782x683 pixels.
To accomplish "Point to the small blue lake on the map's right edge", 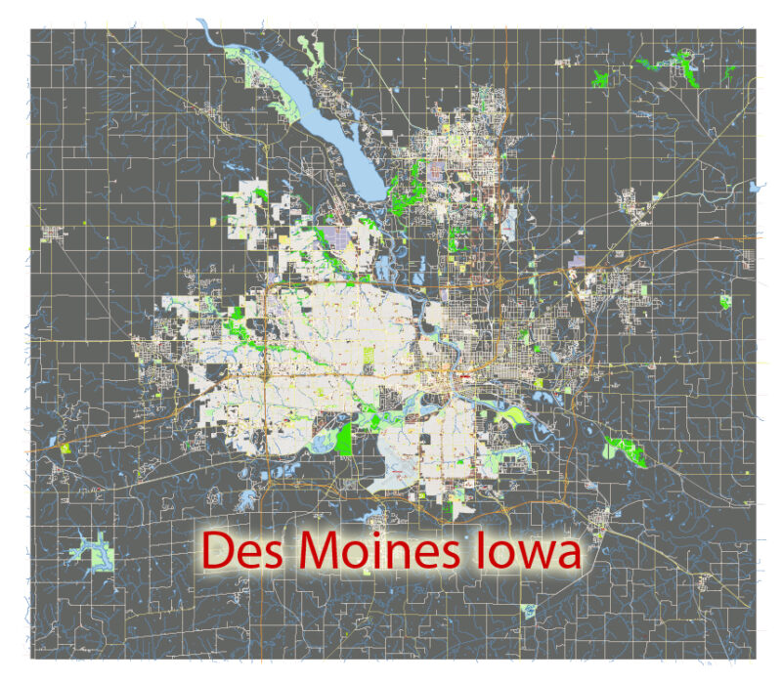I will point(754,185).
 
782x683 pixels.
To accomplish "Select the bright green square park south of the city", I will point(344,439).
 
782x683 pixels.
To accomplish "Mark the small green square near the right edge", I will point(724,302).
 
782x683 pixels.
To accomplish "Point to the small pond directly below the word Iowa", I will point(529,612).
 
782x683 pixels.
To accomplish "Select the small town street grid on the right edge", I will point(749,259).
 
